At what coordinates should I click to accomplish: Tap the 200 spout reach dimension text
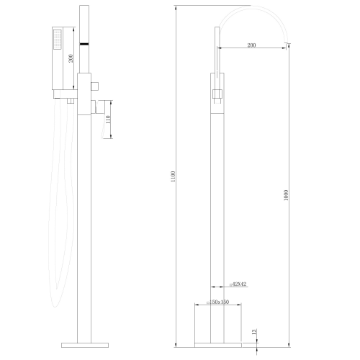point(251,45)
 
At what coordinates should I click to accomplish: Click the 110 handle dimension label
point(108,127)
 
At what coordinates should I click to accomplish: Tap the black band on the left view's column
point(84,44)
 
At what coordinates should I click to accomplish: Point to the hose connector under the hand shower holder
point(70,102)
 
